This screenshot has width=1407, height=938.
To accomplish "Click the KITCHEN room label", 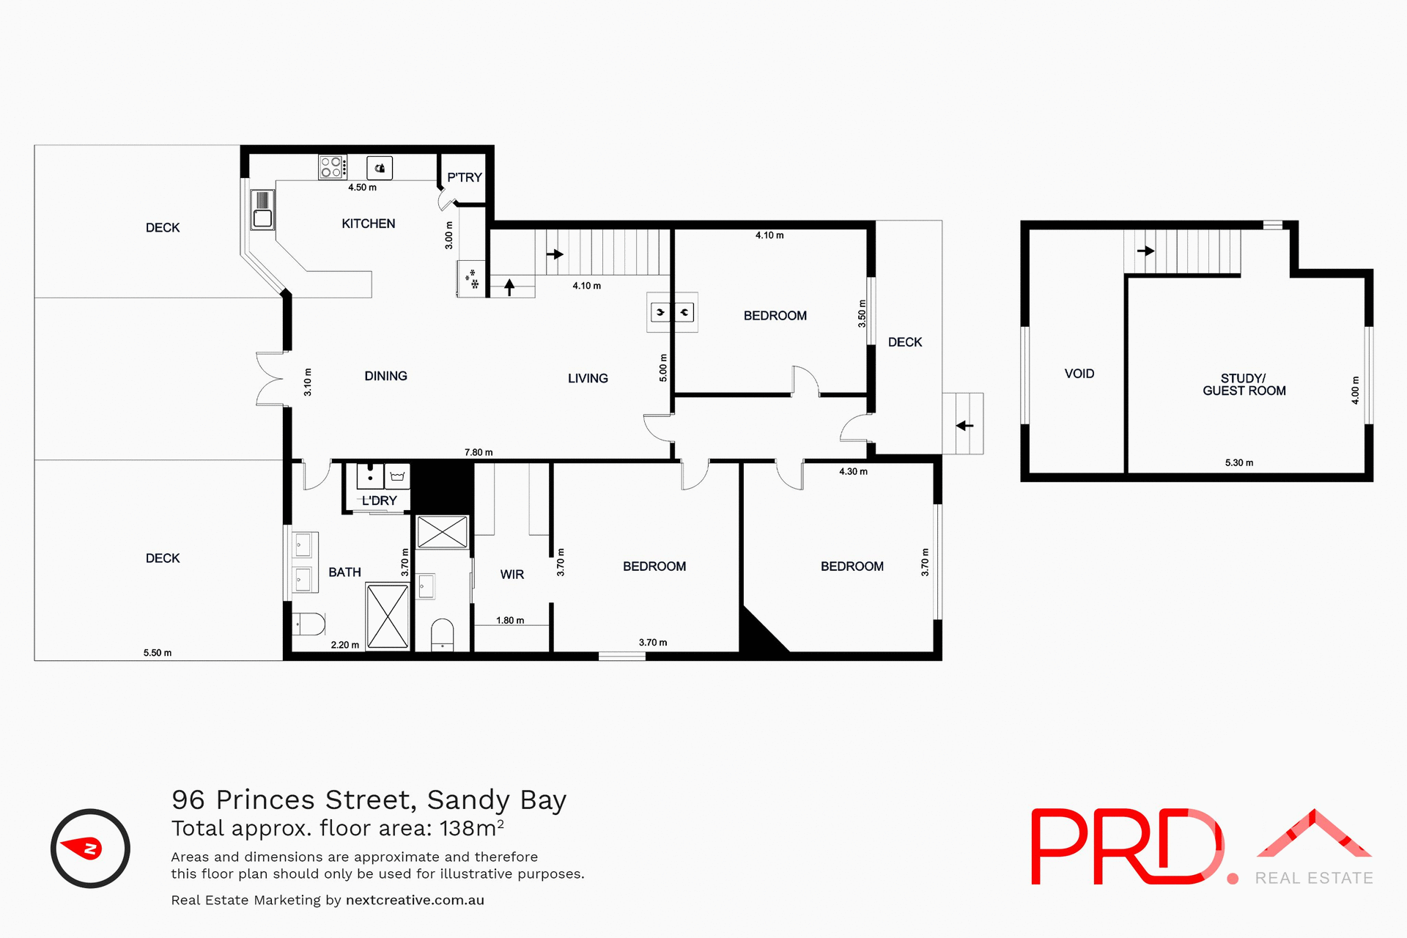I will (x=368, y=224).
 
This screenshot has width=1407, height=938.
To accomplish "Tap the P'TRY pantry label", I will (x=465, y=177).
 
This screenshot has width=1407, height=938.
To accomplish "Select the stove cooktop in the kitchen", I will (x=332, y=167).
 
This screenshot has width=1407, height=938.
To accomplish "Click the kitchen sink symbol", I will (x=262, y=209).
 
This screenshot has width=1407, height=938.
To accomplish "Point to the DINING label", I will (x=385, y=376).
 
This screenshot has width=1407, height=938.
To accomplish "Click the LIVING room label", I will (x=588, y=378).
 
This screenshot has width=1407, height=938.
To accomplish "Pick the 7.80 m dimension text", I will (x=479, y=452).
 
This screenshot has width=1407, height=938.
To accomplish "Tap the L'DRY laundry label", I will (x=379, y=501).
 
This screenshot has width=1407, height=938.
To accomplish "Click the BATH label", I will (x=344, y=572).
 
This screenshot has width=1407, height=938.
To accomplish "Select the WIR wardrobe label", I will (x=512, y=575).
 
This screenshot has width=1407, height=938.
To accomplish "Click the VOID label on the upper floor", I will (x=1079, y=374).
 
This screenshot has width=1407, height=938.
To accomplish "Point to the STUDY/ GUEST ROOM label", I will (x=1244, y=385).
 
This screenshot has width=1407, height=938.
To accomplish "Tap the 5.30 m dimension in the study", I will (x=1239, y=462).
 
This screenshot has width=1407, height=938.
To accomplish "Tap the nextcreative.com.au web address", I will (x=415, y=900).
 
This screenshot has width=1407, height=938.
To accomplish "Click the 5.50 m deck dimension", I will (x=158, y=652).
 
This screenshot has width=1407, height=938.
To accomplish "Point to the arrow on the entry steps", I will (x=964, y=425).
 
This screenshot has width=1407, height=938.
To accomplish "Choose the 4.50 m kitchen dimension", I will (x=362, y=188).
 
